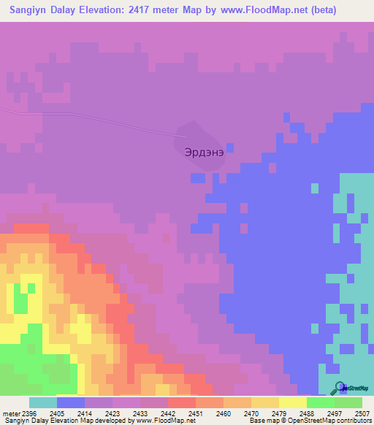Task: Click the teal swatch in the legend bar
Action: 43,402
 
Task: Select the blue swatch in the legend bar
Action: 71,402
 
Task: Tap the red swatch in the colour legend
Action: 182,402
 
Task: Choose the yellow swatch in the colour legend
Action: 293,402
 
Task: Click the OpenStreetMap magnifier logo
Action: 339,388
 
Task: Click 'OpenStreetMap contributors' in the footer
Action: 335,421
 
